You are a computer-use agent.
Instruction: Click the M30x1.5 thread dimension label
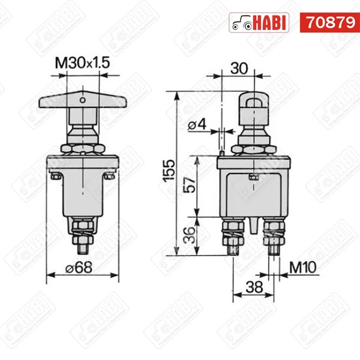coord(82,62)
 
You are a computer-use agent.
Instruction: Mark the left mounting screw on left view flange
coord(55,176)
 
